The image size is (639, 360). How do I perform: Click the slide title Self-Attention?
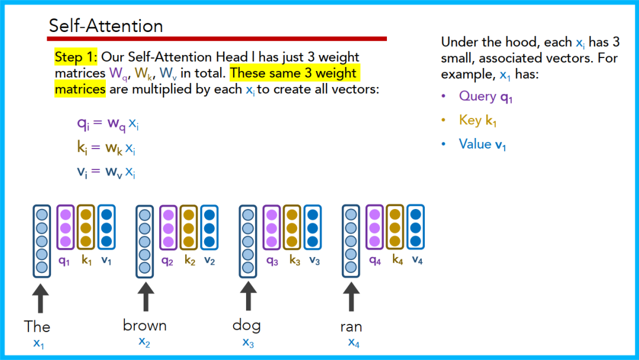point(106,26)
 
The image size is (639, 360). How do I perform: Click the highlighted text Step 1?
point(76,57)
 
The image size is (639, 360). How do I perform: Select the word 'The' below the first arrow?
point(37,326)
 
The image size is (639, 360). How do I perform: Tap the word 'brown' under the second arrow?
point(144,325)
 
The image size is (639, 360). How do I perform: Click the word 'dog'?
point(246,324)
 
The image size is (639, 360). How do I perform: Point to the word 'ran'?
point(351,326)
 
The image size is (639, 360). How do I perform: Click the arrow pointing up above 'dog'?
point(247,297)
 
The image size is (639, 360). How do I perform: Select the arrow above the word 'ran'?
point(351,297)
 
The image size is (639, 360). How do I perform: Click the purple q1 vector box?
point(66,227)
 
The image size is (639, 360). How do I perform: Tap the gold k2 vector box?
point(189,227)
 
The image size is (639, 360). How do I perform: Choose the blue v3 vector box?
point(312,227)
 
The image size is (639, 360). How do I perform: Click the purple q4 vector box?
point(375,227)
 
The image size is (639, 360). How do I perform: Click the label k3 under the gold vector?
point(295,261)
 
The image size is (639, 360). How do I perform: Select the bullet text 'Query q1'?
point(485,97)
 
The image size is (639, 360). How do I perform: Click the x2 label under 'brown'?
point(144,342)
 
